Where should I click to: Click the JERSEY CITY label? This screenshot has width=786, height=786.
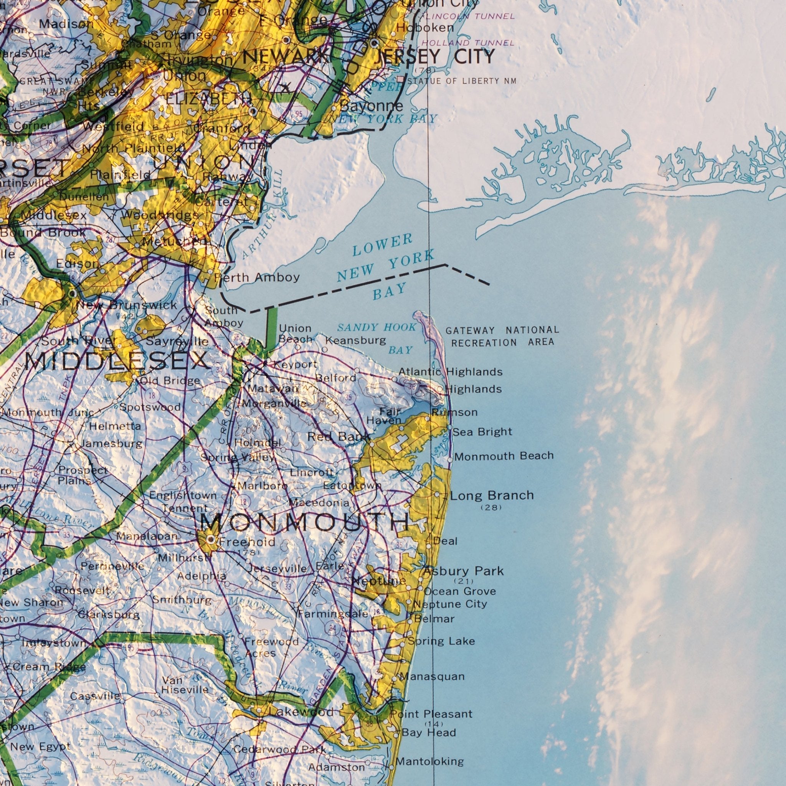[434, 56]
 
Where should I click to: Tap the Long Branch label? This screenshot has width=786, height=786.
[492, 495]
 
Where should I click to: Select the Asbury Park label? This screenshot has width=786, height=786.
[463, 571]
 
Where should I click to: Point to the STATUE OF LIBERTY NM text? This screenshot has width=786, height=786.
[462, 81]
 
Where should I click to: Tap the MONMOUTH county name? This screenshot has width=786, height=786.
[305, 522]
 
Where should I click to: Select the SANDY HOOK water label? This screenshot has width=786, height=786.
[377, 327]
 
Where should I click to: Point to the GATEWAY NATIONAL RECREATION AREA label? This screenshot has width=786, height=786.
[502, 337]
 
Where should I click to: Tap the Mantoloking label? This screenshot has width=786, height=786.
[429, 761]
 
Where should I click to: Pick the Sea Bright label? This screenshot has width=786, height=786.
[482, 432]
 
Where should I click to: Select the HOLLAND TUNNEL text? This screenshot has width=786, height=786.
[468, 43]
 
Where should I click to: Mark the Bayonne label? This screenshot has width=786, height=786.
[372, 107]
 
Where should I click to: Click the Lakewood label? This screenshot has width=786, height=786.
[301, 712]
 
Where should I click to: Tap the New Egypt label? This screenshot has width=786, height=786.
[40, 747]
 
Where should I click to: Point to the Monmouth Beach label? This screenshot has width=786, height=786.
[504, 456]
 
